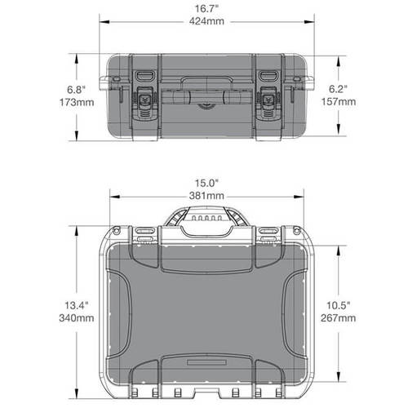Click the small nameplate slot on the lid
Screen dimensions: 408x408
(204, 360)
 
